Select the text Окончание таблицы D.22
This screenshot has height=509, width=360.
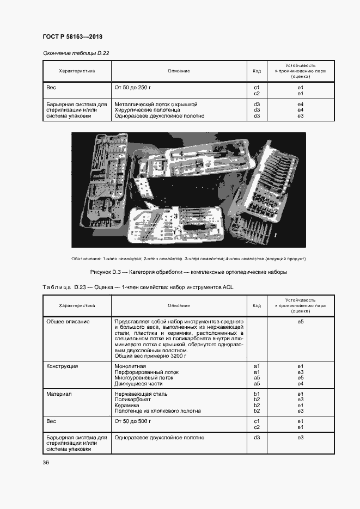[76, 53]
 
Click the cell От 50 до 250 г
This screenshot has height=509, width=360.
[132, 87]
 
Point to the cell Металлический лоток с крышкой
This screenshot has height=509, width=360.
[156, 103]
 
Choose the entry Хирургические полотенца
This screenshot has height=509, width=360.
[146, 109]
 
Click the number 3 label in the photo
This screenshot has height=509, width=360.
[175, 217]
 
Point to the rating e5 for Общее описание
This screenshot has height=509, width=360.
[300, 322]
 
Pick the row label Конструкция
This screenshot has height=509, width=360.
[62, 366]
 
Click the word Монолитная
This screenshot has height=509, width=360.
[130, 366]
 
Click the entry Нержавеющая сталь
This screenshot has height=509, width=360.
[141, 394]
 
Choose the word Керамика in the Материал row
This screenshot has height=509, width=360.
[127, 405]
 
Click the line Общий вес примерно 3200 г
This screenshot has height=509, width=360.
[150, 355]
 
